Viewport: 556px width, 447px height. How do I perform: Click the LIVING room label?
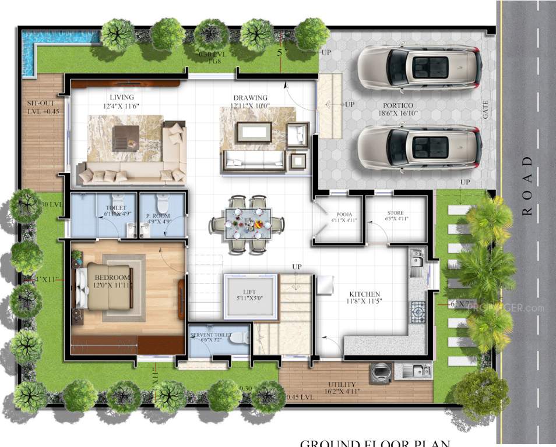click(x=121, y=97)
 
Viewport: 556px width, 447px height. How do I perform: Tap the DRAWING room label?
click(x=250, y=98)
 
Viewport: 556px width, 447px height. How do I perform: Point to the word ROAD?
click(x=527, y=186)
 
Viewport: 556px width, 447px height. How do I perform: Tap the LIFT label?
click(x=249, y=293)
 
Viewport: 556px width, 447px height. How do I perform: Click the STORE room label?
click(x=395, y=214)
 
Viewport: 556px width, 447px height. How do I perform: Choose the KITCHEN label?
click(x=365, y=294)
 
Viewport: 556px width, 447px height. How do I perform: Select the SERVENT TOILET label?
click(x=211, y=336)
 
